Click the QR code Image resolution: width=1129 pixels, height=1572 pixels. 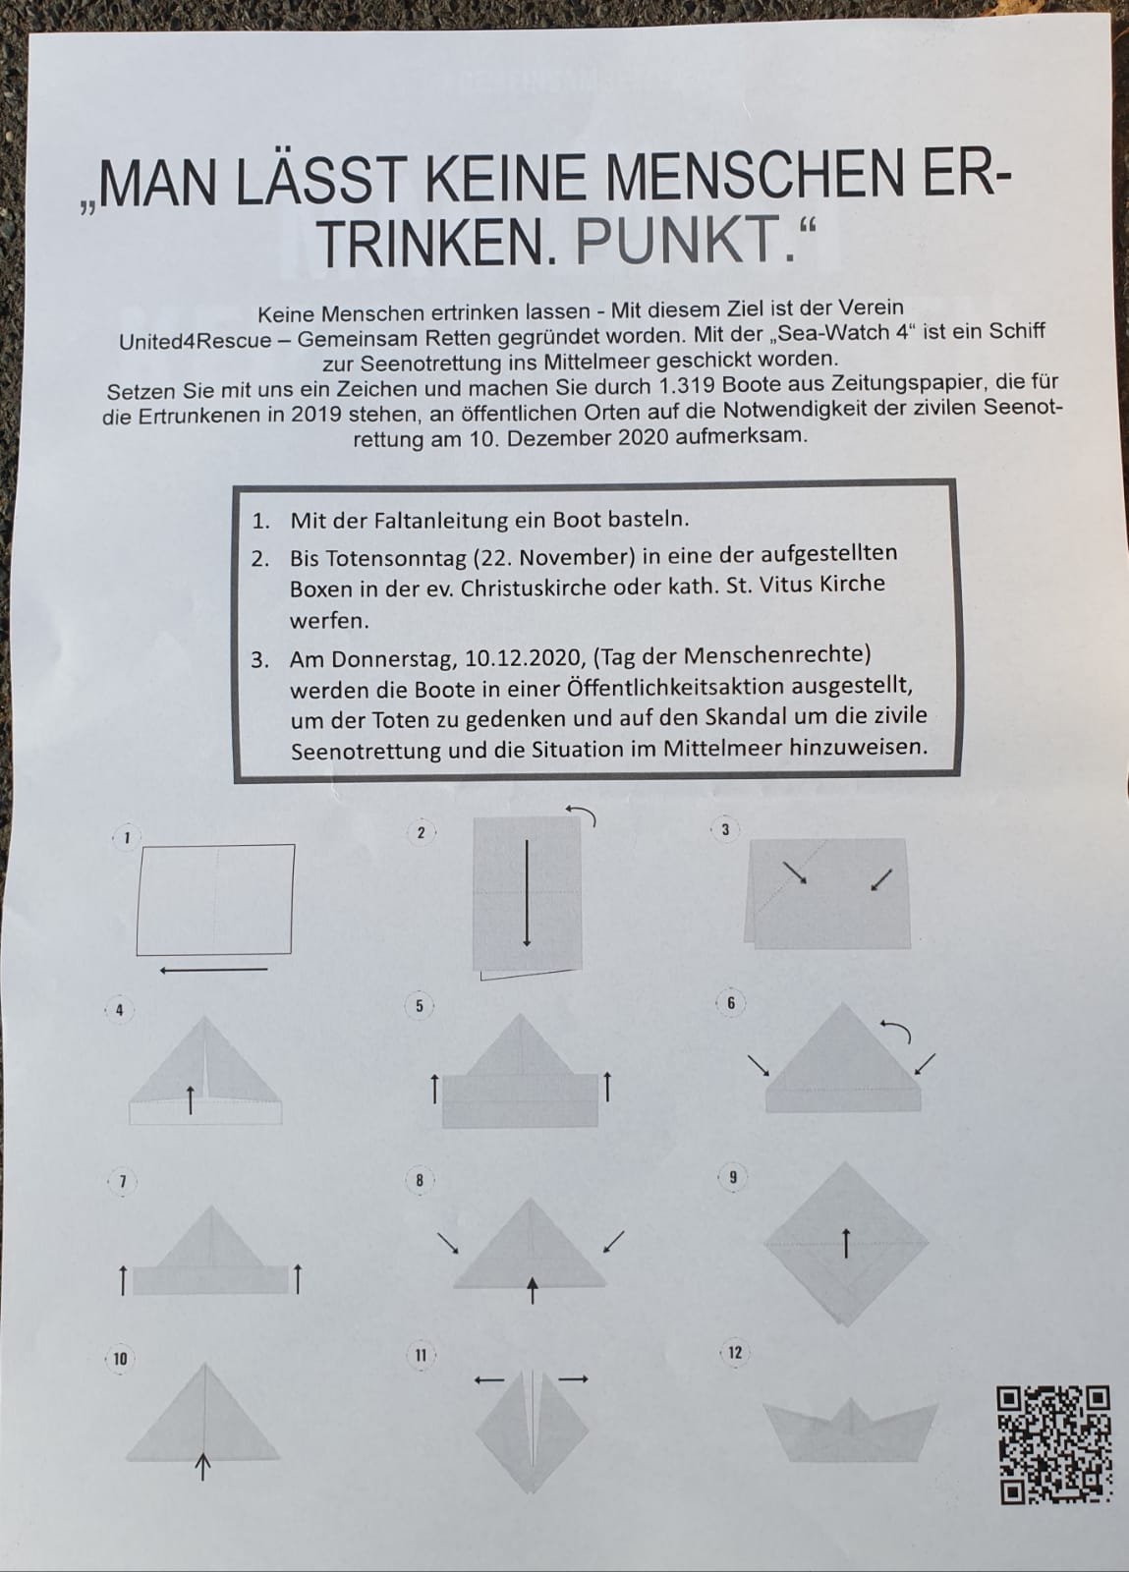(1053, 1444)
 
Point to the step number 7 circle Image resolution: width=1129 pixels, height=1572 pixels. (122, 1182)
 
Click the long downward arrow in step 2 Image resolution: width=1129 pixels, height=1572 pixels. (527, 894)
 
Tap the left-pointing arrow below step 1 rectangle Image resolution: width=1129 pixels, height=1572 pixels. (213, 971)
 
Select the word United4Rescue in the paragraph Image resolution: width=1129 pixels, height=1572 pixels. (196, 341)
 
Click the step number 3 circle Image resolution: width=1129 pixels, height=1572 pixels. (725, 830)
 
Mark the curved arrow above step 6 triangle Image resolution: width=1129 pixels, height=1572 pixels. (896, 1031)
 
